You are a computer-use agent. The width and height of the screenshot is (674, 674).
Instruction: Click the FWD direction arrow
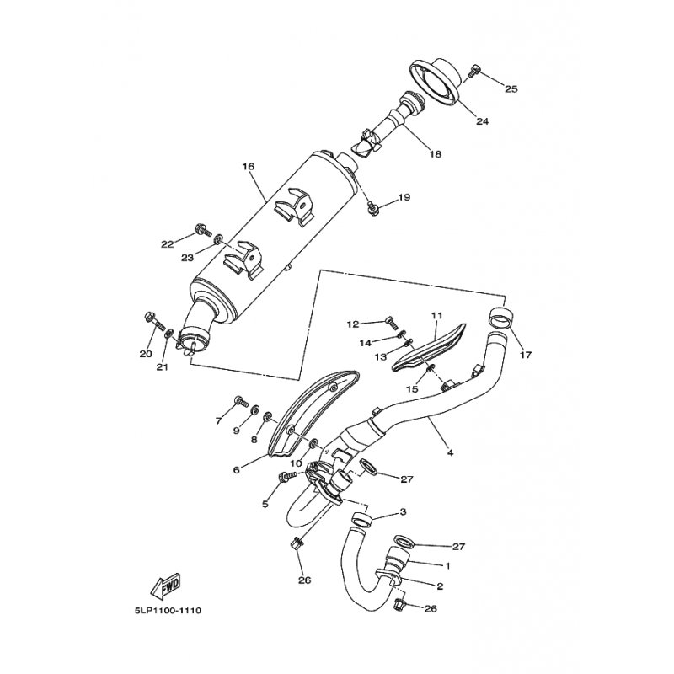[165, 586]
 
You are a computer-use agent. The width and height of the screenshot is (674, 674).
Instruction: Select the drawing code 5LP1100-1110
[165, 610]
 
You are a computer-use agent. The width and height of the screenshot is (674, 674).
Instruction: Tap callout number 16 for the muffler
[248, 166]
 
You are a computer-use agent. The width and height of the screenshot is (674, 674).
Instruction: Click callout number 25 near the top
[511, 89]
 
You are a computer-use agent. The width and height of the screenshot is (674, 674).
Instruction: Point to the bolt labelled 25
[473, 71]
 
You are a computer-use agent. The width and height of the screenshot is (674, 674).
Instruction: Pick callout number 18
[436, 154]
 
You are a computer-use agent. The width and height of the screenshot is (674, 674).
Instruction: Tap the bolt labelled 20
[153, 322]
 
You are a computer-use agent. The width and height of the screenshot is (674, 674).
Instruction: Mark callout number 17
[526, 355]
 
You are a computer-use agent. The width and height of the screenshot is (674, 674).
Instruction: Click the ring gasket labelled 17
[498, 318]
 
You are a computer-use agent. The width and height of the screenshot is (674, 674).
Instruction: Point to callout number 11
[436, 315]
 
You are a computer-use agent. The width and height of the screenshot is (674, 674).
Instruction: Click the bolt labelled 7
[241, 402]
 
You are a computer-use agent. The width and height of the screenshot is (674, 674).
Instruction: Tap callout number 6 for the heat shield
[236, 470]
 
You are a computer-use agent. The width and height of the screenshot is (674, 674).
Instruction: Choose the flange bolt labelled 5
[288, 476]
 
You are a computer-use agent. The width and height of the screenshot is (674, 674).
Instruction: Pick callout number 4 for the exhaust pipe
[450, 452]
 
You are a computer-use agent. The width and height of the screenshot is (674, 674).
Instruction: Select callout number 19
[404, 197]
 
